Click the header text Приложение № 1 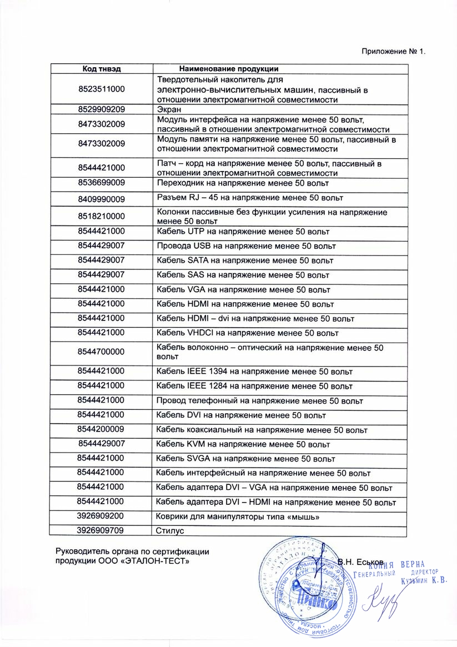pyautogui.click(x=393, y=52)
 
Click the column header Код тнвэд pyautogui.click(x=102, y=69)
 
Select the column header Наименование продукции pyautogui.click(x=229, y=69)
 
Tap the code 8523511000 pyautogui.click(x=102, y=89)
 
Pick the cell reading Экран pyautogui.click(x=168, y=109)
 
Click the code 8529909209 pyautogui.click(x=102, y=109)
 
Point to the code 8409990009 pyautogui.click(x=102, y=199)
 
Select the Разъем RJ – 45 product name pyautogui.click(x=250, y=198)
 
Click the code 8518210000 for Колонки pyautogui.click(x=102, y=216)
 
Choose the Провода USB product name pyautogui.click(x=246, y=245)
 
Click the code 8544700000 pyautogui.click(x=102, y=352)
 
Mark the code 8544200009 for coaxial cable pyautogui.click(x=102, y=429)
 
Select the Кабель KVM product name pyautogui.click(x=243, y=444)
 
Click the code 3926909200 pyautogui.click(x=102, y=516)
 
